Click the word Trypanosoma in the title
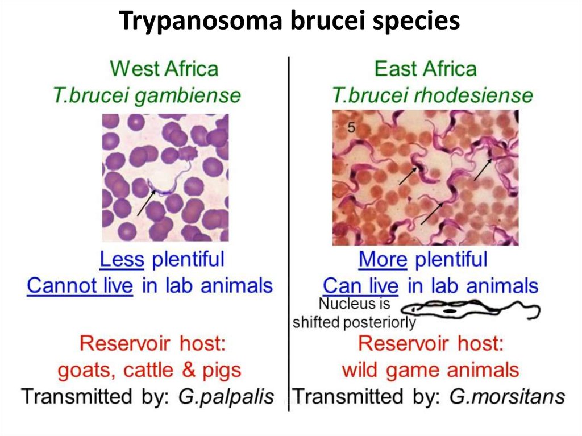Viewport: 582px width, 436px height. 201,21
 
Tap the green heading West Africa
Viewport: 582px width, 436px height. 164,69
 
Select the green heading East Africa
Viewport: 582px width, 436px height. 425,69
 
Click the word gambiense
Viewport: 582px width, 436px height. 188,96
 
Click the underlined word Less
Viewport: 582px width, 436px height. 122,259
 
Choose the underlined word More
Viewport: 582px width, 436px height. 383,259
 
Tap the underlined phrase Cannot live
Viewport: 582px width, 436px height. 80,285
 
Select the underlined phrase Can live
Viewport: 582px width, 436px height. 360,285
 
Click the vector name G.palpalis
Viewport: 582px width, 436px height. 226,397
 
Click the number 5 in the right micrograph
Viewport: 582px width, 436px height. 351,128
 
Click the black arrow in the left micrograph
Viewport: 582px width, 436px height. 146,203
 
